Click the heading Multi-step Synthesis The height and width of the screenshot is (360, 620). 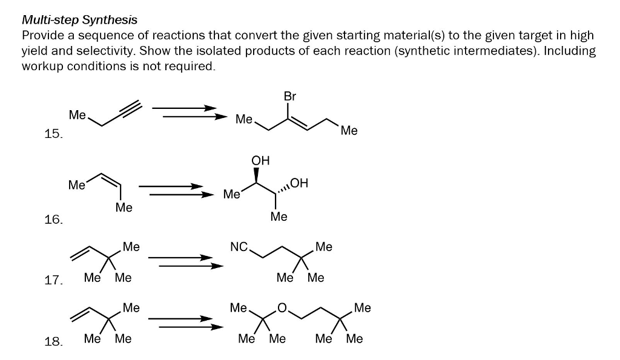click(x=79, y=21)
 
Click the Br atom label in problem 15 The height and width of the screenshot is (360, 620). click(x=289, y=96)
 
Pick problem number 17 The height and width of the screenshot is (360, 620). click(x=53, y=280)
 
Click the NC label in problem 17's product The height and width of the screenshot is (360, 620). click(x=239, y=246)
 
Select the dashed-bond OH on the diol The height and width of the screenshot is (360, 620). click(x=299, y=182)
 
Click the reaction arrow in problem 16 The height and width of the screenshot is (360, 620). click(x=176, y=190)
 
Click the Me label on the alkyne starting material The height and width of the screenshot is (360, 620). click(x=77, y=114)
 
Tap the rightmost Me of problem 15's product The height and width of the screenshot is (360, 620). click(x=349, y=129)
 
